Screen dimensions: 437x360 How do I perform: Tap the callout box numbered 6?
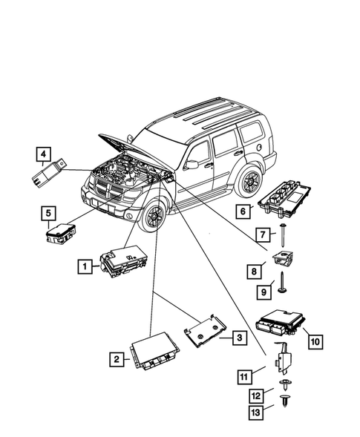[x=242, y=210]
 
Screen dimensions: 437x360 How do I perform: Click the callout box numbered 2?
[x=116, y=360]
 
